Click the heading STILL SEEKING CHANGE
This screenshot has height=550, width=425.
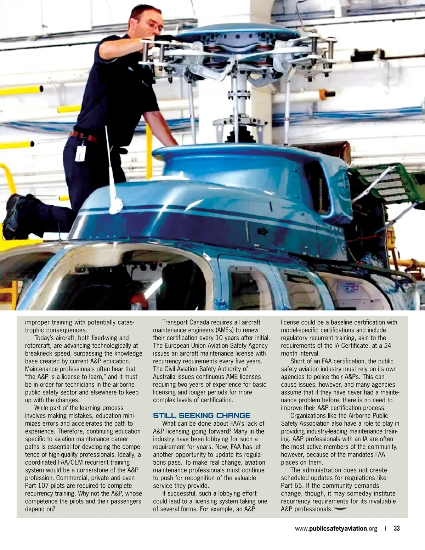coord(202,415)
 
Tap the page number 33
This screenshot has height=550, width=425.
coord(397,528)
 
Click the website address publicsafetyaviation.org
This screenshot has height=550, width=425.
coord(336,528)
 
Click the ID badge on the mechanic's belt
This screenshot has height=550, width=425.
coord(80,153)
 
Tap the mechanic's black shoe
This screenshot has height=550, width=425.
coord(14,216)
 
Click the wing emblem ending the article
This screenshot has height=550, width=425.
coord(340,509)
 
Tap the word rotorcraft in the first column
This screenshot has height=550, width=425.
coord(39,346)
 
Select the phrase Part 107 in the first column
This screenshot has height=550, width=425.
coord(38,486)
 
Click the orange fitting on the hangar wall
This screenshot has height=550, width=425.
coord(328,94)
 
